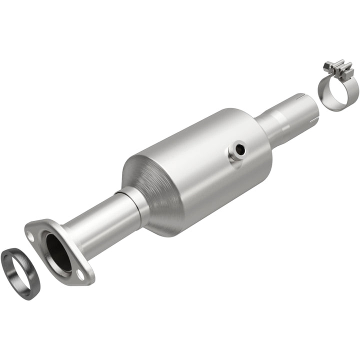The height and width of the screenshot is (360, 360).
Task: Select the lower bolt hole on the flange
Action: point(80,273)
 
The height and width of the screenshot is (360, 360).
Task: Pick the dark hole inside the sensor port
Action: point(241,148)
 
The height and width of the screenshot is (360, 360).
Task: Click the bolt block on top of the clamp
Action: point(338,69)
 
